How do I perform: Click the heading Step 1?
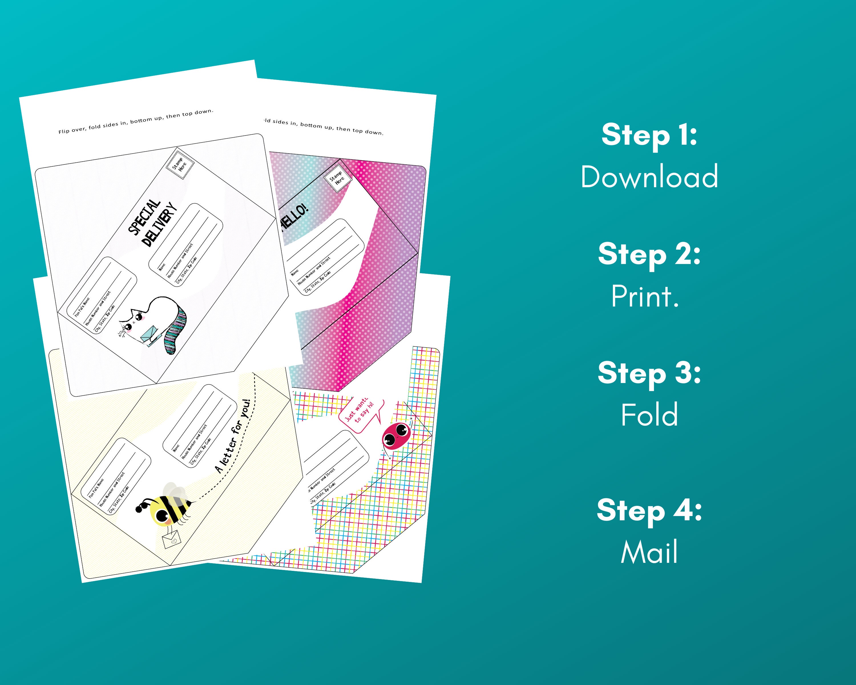pyautogui.click(x=649, y=135)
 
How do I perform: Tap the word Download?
pyautogui.click(x=649, y=177)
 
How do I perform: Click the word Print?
pyautogui.click(x=645, y=296)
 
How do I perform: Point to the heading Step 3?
pyautogui.click(x=649, y=373)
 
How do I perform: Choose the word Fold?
pyautogui.click(x=649, y=415)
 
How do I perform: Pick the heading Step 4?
pyautogui.click(x=649, y=510)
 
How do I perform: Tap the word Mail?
pyautogui.click(x=649, y=552)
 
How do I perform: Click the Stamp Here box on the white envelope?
pyautogui.click(x=180, y=164)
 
